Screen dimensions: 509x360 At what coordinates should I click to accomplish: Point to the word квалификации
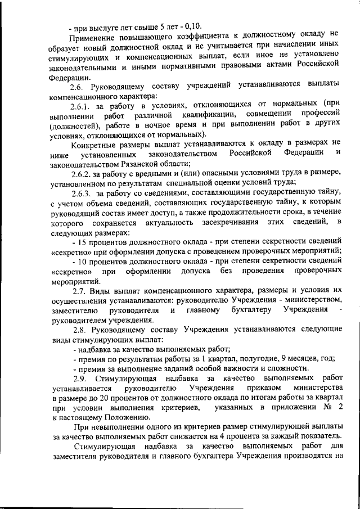point(206,115)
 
